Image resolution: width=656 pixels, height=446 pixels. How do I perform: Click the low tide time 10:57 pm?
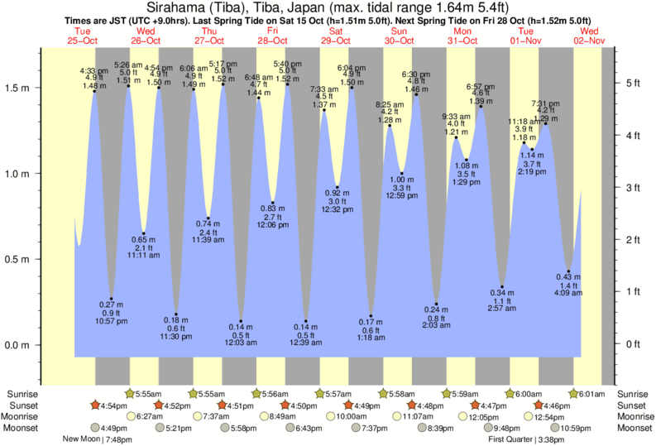[112, 321]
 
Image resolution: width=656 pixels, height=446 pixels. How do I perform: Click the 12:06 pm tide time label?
[272, 225]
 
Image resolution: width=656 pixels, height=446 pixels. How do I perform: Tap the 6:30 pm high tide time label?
[416, 74]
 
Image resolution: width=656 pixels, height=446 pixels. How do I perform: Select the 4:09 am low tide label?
[567, 293]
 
